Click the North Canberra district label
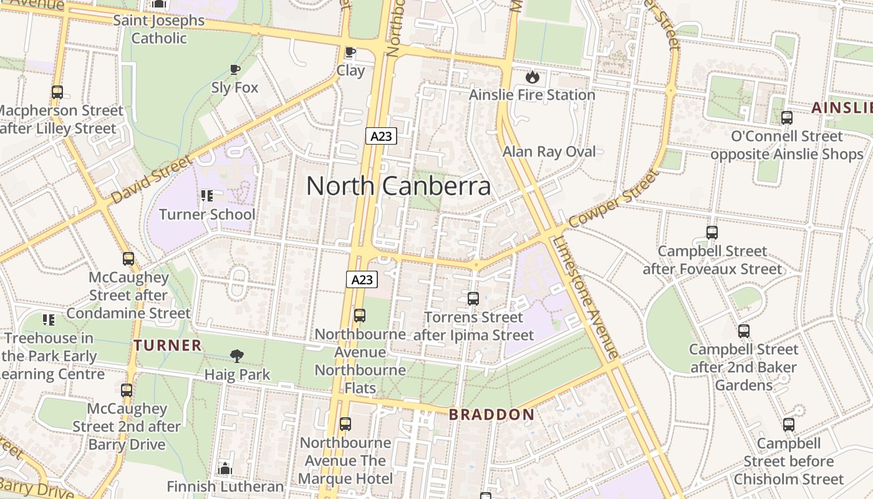[398, 186]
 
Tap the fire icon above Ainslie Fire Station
[532, 77]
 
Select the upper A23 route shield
[381, 136]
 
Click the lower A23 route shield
[362, 279]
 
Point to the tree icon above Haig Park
[237, 356]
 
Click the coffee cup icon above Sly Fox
[234, 69]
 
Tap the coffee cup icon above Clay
[350, 52]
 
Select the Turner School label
[207, 215]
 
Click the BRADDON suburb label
[491, 415]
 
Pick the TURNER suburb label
[168, 345]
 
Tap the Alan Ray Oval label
[549, 152]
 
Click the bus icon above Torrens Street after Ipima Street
[473, 299]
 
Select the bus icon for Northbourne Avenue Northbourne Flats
[360, 316]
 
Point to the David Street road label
[152, 180]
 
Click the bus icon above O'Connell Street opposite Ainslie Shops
[787, 117]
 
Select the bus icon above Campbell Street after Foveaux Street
[712, 233]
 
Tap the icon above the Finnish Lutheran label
[225, 468]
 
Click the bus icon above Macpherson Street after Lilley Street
[57, 92]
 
